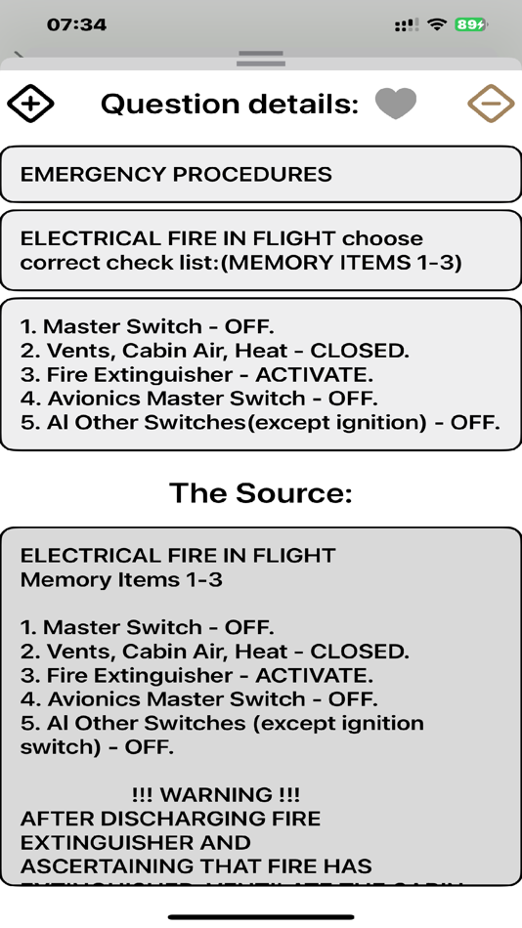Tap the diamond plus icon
point(31,103)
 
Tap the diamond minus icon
point(491,103)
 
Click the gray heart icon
point(396,103)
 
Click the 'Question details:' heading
point(230,104)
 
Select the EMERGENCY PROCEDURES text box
point(260,175)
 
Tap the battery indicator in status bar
point(470,24)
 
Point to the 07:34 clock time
point(76,24)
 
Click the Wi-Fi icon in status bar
point(437,24)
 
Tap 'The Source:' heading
point(260,493)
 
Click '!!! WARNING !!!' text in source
point(215,795)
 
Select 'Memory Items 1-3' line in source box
point(121,579)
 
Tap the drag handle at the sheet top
point(260,59)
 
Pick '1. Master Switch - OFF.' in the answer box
point(148,326)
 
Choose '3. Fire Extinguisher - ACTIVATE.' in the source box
point(196,675)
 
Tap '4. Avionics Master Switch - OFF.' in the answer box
point(198,399)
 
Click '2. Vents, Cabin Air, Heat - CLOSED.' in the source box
point(215,652)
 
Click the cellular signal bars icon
point(407,24)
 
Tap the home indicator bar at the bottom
point(260,916)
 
